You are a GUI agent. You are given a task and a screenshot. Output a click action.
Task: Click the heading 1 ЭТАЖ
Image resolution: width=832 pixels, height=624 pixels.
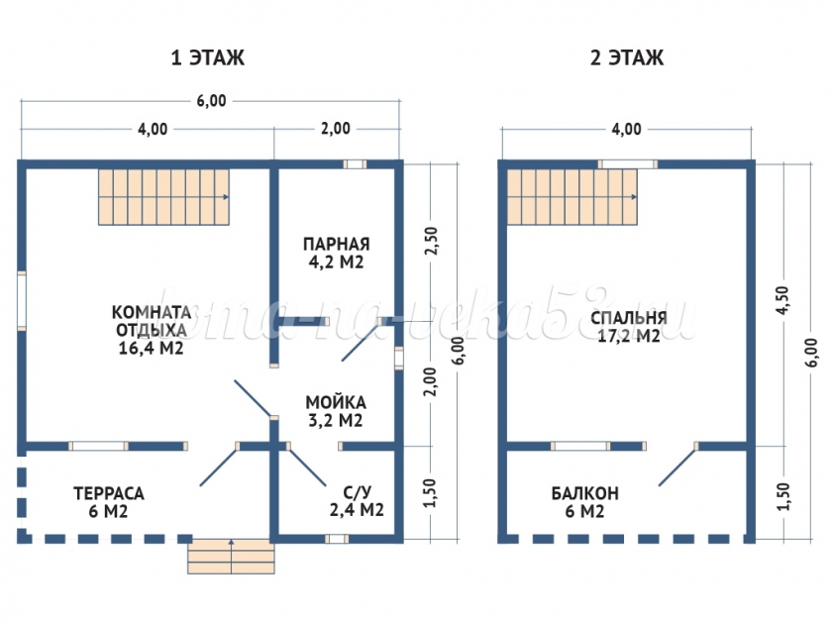208,58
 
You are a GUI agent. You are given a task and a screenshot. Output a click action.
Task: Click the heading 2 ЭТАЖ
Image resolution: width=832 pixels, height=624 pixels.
627,58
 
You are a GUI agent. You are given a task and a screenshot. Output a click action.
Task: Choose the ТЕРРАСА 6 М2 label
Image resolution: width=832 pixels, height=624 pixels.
109,502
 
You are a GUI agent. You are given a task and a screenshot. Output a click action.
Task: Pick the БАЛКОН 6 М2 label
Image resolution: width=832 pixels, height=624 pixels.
586,502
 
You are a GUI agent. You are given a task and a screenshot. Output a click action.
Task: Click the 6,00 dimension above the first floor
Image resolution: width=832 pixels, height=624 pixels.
211,100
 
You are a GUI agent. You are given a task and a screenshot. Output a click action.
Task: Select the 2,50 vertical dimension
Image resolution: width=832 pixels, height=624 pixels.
429,242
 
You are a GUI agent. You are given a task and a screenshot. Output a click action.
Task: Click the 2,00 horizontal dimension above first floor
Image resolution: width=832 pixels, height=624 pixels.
335,129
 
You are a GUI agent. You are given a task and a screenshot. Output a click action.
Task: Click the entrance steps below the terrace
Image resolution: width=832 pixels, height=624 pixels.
231,556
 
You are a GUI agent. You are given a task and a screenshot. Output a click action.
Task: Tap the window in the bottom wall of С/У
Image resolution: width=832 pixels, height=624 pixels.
337,539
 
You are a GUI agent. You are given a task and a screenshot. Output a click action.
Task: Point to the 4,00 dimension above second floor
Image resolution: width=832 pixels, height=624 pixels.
626,129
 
